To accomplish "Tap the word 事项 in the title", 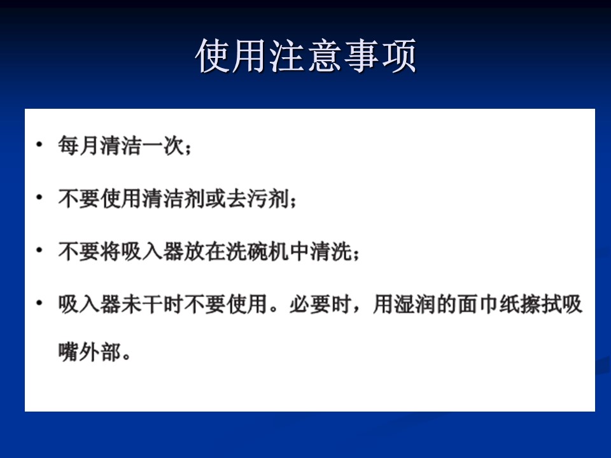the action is click(381, 56).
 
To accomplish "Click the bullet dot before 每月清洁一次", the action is click(39, 145).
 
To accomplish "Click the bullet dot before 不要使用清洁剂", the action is click(39, 197).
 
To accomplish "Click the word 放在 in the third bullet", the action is click(205, 251).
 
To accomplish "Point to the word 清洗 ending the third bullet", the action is click(331, 251).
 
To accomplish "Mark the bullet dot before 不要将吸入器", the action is click(39, 250).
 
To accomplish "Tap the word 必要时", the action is click(321, 304).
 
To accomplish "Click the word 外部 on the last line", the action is click(100, 352).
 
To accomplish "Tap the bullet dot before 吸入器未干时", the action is click(39, 303).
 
